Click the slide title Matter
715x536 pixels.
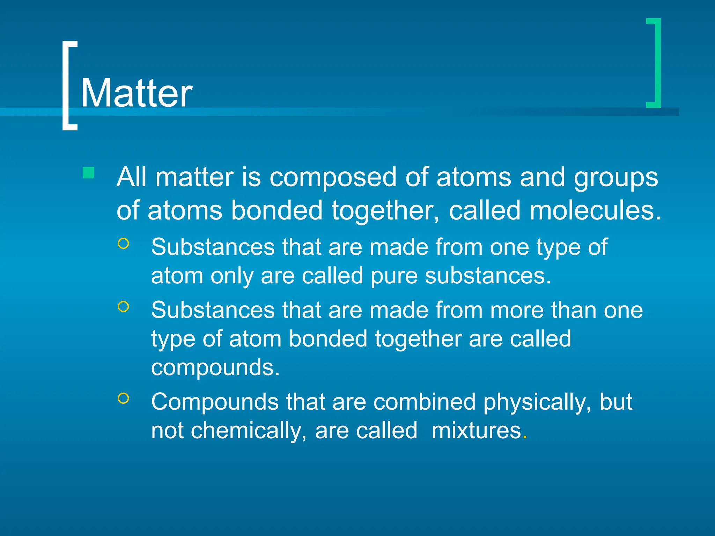click(x=137, y=93)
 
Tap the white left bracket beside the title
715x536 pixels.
click(x=66, y=85)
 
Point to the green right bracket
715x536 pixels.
click(x=657, y=63)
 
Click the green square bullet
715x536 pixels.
click(x=89, y=173)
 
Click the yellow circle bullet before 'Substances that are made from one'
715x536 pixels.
click(x=124, y=244)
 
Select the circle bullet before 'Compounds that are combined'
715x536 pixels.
click(x=124, y=398)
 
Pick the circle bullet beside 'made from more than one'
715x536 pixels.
click(x=124, y=307)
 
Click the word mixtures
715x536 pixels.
click(x=476, y=430)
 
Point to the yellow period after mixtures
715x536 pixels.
click(x=525, y=437)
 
